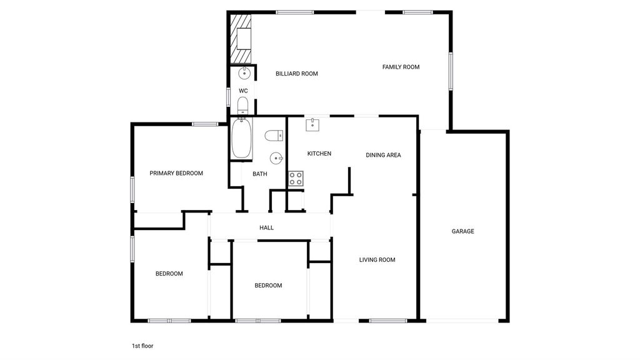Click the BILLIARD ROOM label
click(297, 74)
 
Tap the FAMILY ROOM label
click(401, 67)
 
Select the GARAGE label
click(463, 231)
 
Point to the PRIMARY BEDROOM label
click(176, 174)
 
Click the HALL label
click(266, 227)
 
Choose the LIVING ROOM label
click(377, 260)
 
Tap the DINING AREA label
click(383, 155)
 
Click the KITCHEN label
click(319, 154)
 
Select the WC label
click(243, 91)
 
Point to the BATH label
click(259, 174)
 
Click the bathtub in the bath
click(241, 138)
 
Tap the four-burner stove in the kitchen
click(296, 178)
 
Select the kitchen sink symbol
click(312, 125)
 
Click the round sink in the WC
click(244, 74)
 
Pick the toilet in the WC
click(242, 106)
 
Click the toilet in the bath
click(274, 136)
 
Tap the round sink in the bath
click(276, 158)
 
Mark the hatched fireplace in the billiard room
click(241, 39)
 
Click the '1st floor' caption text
click(142, 346)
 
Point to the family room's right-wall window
click(451, 71)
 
